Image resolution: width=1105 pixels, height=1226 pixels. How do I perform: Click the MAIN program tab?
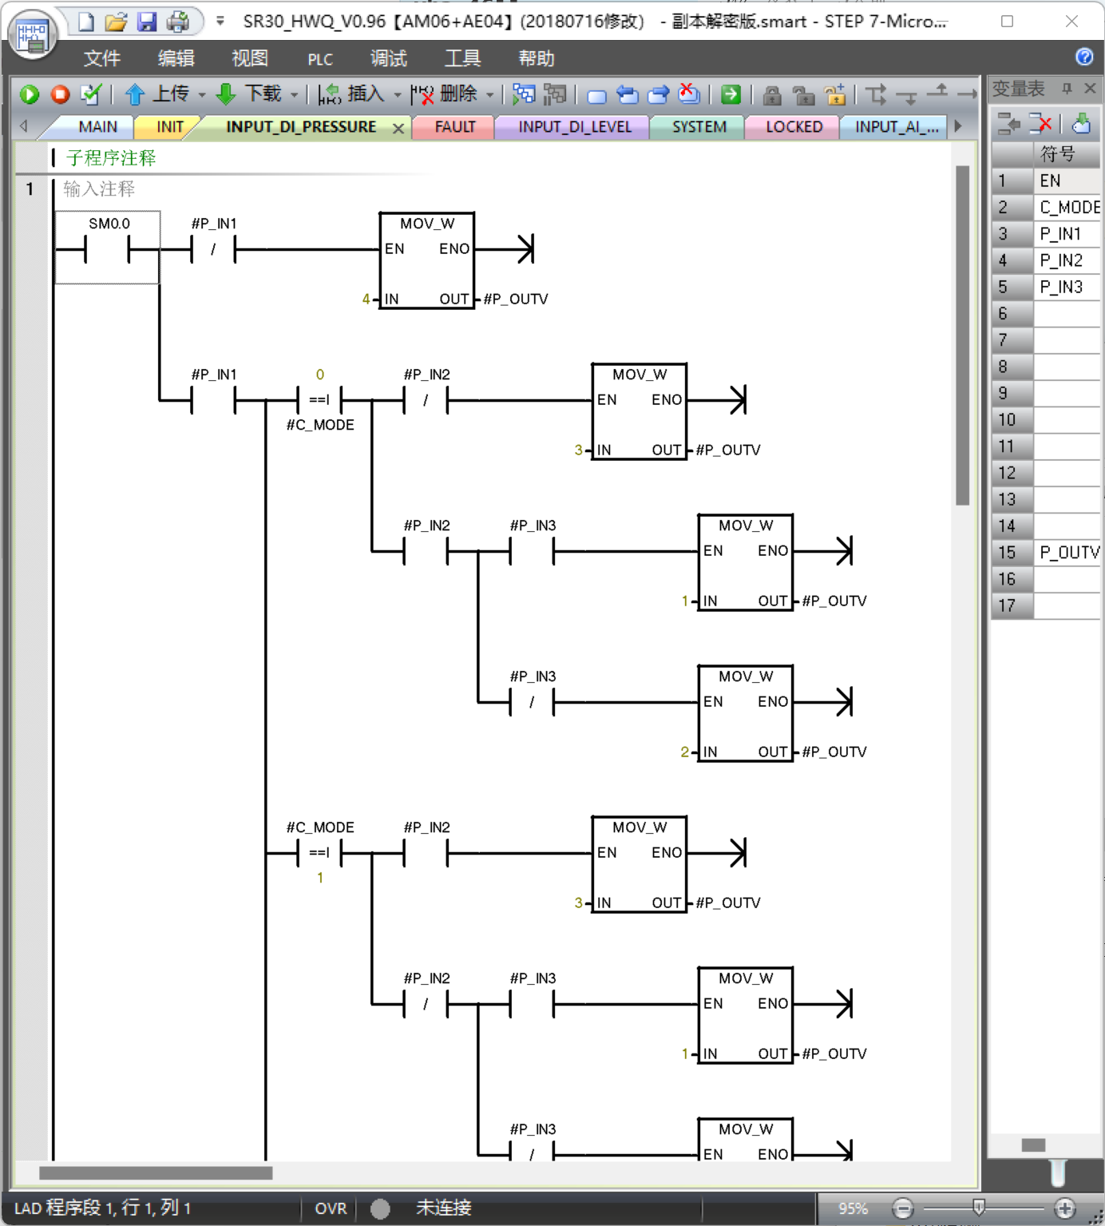tap(97, 127)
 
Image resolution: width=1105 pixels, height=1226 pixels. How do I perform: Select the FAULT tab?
tap(454, 127)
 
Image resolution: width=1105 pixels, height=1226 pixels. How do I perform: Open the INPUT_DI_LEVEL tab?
tap(574, 127)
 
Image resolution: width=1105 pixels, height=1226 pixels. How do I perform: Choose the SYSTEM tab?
tap(699, 127)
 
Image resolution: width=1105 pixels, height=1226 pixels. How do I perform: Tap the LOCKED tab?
tap(794, 127)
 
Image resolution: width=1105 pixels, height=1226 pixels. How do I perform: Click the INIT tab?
tap(169, 127)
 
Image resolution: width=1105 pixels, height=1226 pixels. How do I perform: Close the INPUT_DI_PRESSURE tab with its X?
tap(398, 128)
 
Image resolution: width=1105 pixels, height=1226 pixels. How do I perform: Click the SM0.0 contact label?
tap(109, 224)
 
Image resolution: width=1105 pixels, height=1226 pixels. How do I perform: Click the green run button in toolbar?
tap(30, 94)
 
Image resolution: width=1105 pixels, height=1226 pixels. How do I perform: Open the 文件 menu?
tap(101, 58)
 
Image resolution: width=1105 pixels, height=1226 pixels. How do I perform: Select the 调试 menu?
tap(388, 58)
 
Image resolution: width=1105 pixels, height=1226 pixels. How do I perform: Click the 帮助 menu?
tap(536, 58)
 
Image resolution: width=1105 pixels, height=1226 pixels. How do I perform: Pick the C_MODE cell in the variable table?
tap(1068, 208)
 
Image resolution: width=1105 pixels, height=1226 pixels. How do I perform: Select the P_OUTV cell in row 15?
tap(1068, 553)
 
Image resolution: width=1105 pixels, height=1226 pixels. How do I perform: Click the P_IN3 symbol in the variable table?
tap(1061, 287)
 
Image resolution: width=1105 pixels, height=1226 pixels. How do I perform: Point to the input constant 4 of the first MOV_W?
tap(366, 300)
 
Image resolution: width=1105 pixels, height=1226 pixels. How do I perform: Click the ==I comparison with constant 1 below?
tap(319, 853)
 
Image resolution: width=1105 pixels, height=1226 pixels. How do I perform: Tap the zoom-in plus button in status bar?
tap(1064, 1208)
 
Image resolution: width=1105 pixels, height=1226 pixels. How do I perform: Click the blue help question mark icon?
tap(1084, 57)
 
